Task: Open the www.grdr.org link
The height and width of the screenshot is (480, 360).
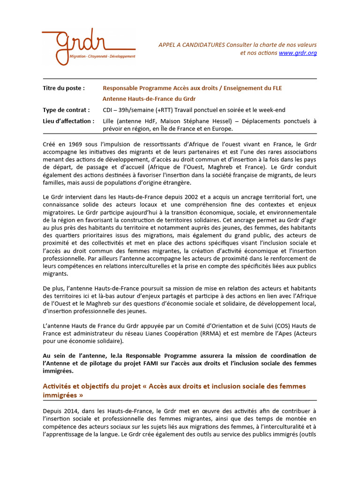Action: pos(298,53)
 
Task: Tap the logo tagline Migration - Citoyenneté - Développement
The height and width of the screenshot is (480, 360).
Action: pos(102,56)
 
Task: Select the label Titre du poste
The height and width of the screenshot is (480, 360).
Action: pos(64,88)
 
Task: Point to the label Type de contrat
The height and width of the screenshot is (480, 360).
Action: pos(66,110)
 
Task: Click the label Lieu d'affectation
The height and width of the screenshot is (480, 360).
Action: pos(68,121)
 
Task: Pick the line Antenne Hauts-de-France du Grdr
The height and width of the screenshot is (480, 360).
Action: pos(149,99)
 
